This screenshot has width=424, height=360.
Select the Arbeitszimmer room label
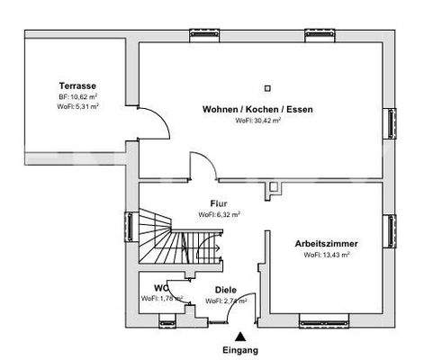(326, 244)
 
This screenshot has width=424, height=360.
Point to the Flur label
(218, 203)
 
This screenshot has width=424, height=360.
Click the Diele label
(226, 290)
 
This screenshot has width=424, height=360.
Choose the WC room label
(161, 288)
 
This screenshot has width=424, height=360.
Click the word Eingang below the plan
(240, 349)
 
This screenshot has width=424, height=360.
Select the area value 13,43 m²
(335, 255)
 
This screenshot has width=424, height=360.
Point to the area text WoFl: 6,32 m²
(218, 215)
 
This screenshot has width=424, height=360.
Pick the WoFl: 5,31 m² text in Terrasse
(77, 105)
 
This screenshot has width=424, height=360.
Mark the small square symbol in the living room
(267, 88)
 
